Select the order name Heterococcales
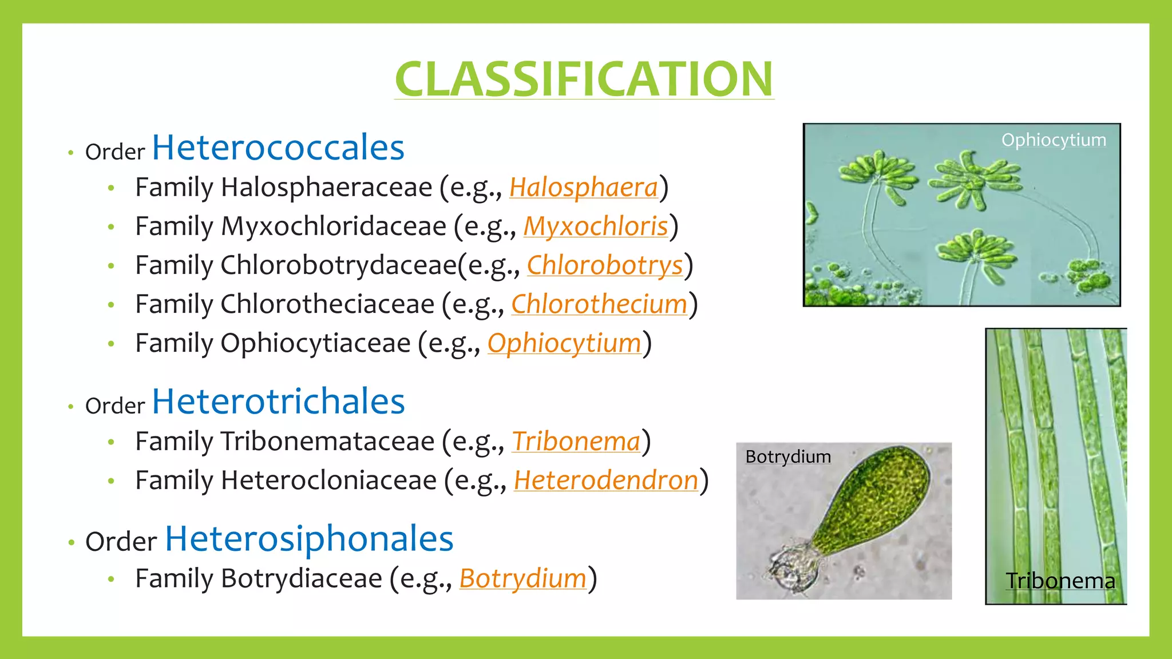(x=278, y=148)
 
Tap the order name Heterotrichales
(x=278, y=402)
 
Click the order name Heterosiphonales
(x=309, y=539)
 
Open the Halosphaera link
(x=584, y=188)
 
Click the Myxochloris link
(x=596, y=227)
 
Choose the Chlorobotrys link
(x=605, y=265)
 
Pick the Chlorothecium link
(x=599, y=304)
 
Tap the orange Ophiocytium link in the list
(x=564, y=343)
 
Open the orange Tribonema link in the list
(x=576, y=442)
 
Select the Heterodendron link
(x=606, y=481)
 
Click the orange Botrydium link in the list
(x=522, y=579)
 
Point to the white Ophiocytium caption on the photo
(x=1054, y=140)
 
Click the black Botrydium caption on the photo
(x=788, y=457)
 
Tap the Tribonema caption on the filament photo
(x=1060, y=581)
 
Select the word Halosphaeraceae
(x=326, y=188)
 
